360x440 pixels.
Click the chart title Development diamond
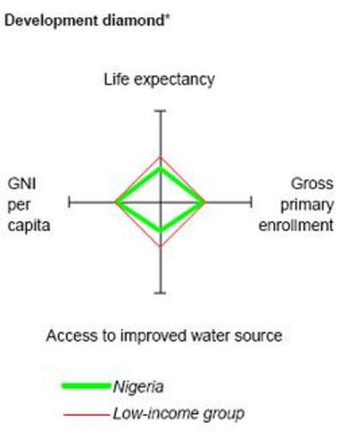(x=87, y=21)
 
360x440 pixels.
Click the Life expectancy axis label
(x=159, y=80)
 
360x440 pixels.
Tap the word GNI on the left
(x=21, y=183)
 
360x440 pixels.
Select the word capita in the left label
(x=29, y=225)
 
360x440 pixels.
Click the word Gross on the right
(x=312, y=184)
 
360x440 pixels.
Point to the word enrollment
(x=296, y=225)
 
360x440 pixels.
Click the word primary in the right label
(x=307, y=205)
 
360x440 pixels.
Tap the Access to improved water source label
(x=164, y=335)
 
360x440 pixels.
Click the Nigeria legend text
(x=138, y=387)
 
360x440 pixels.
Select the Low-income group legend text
(x=179, y=413)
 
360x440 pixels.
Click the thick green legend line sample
(x=86, y=386)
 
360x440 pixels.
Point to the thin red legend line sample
(x=86, y=414)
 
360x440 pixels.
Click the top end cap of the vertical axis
(x=161, y=111)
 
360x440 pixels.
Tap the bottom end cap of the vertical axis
(x=161, y=293)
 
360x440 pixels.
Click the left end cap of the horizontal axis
(x=69, y=202)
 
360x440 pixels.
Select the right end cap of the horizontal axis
(x=251, y=202)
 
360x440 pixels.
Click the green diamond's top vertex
(x=161, y=168)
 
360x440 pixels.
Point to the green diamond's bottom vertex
(x=161, y=229)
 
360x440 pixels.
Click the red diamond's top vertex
(x=161, y=157)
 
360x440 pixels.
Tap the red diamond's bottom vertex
(x=161, y=247)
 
